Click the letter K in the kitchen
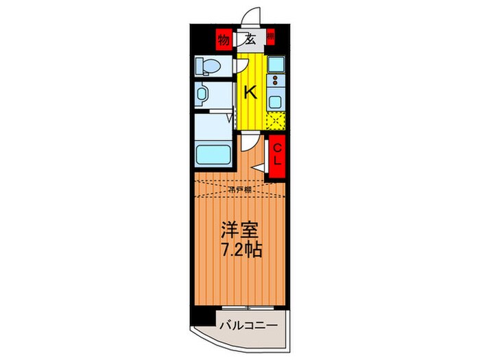pos(250,93)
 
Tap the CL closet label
pos(277,157)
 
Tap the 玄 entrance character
pos(250,39)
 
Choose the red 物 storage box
pos(224,39)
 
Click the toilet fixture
pos(206,66)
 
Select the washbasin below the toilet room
pos(203,95)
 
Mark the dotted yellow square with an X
pos(275,120)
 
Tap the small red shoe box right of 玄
pos(270,38)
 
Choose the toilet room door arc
pos(241,65)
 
